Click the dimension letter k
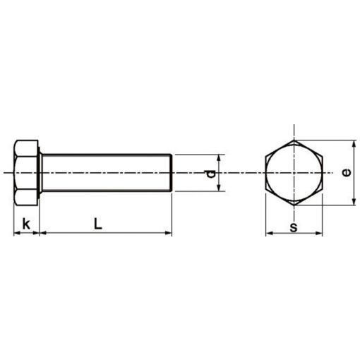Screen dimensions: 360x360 (x=26, y=224)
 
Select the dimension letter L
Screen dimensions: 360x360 (x=98, y=223)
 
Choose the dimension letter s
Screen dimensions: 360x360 (x=294, y=226)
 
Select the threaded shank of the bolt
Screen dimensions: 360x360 (x=106, y=173)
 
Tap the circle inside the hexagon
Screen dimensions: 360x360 (x=294, y=173)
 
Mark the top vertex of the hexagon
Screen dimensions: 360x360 (x=294, y=140)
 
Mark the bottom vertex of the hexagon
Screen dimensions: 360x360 (x=294, y=206)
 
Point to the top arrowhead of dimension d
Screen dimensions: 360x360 (x=220, y=158)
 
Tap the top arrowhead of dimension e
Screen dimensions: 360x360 (x=354, y=143)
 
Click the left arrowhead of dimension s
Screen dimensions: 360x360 (x=269, y=233)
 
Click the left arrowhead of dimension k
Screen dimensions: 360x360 (x=16, y=232)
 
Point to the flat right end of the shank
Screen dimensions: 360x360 (x=172, y=173)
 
